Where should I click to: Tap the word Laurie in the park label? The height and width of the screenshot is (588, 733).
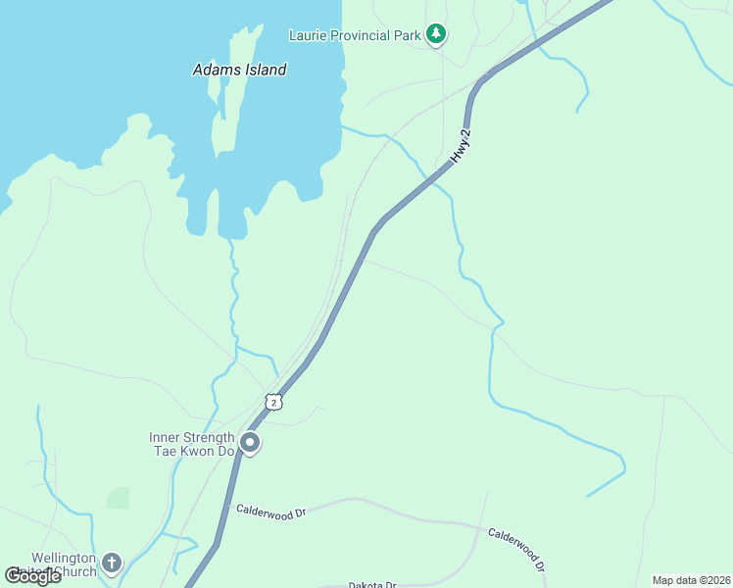pyautogui.click(x=309, y=35)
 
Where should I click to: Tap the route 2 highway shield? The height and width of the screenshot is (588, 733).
pyautogui.click(x=273, y=402)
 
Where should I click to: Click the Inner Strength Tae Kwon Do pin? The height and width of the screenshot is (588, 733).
pyautogui.click(x=250, y=444)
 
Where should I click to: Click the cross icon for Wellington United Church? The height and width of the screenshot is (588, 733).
pyautogui.click(x=112, y=563)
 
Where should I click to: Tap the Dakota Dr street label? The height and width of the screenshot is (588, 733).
pyautogui.click(x=371, y=585)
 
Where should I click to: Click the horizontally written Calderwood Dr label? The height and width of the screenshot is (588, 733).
pyautogui.click(x=271, y=511)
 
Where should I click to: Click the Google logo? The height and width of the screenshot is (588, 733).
pyautogui.click(x=32, y=575)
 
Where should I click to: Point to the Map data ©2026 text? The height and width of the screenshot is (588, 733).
pyautogui.click(x=691, y=580)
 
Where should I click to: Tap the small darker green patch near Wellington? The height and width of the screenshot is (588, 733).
pyautogui.click(x=118, y=497)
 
